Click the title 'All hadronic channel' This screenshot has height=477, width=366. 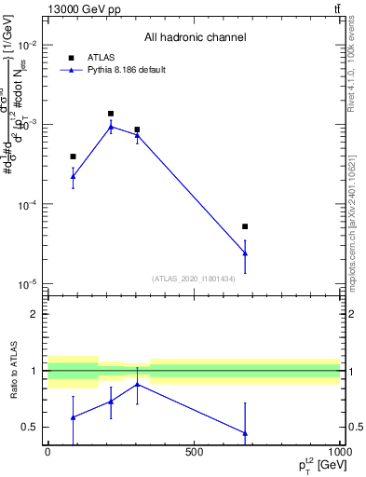point(195,37)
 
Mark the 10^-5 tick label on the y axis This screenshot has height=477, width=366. point(28,284)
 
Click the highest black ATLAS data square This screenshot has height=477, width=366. point(111,114)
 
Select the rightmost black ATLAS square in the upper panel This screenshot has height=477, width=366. point(245,226)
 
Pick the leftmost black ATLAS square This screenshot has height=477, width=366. point(73,157)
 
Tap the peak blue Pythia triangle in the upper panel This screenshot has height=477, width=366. point(111,127)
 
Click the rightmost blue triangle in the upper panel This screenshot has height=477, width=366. point(245,252)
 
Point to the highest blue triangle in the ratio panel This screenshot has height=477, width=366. point(137,384)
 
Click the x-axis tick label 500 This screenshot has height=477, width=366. point(194,453)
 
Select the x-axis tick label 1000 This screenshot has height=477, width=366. point(338,453)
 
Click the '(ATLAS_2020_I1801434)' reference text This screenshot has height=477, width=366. point(194,279)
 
